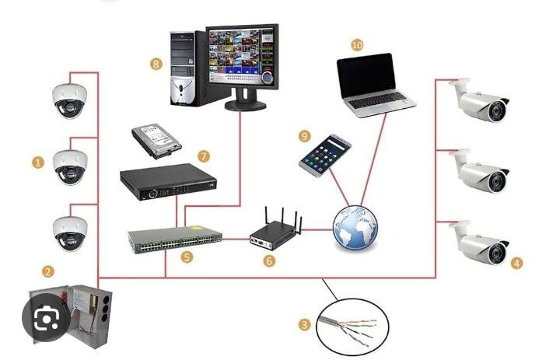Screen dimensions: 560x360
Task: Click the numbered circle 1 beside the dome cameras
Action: click(x=37, y=163)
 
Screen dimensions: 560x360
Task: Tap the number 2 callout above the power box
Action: click(x=48, y=271)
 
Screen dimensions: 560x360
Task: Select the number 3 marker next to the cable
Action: click(x=304, y=325)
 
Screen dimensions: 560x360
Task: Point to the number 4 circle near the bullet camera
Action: click(x=516, y=264)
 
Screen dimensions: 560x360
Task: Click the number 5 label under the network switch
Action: click(x=187, y=257)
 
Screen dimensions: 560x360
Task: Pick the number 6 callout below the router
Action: click(x=269, y=260)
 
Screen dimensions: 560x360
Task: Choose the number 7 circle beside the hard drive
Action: click(x=203, y=156)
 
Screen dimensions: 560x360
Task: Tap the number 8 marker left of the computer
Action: click(x=156, y=65)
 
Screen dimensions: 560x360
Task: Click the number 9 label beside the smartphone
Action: click(x=304, y=136)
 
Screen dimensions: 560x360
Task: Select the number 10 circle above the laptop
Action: click(x=357, y=45)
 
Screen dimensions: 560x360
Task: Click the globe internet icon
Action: click(x=355, y=228)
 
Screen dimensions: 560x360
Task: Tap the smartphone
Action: click(x=325, y=156)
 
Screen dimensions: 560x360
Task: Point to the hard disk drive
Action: click(x=156, y=141)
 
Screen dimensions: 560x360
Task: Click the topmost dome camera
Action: click(x=70, y=101)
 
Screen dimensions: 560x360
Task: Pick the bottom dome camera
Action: click(x=70, y=233)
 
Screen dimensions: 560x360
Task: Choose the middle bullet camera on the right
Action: click(x=478, y=170)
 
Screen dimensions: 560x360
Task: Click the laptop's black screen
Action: click(x=366, y=75)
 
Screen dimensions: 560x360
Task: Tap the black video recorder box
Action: click(x=168, y=182)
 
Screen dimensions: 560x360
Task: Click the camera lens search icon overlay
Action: click(x=47, y=317)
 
